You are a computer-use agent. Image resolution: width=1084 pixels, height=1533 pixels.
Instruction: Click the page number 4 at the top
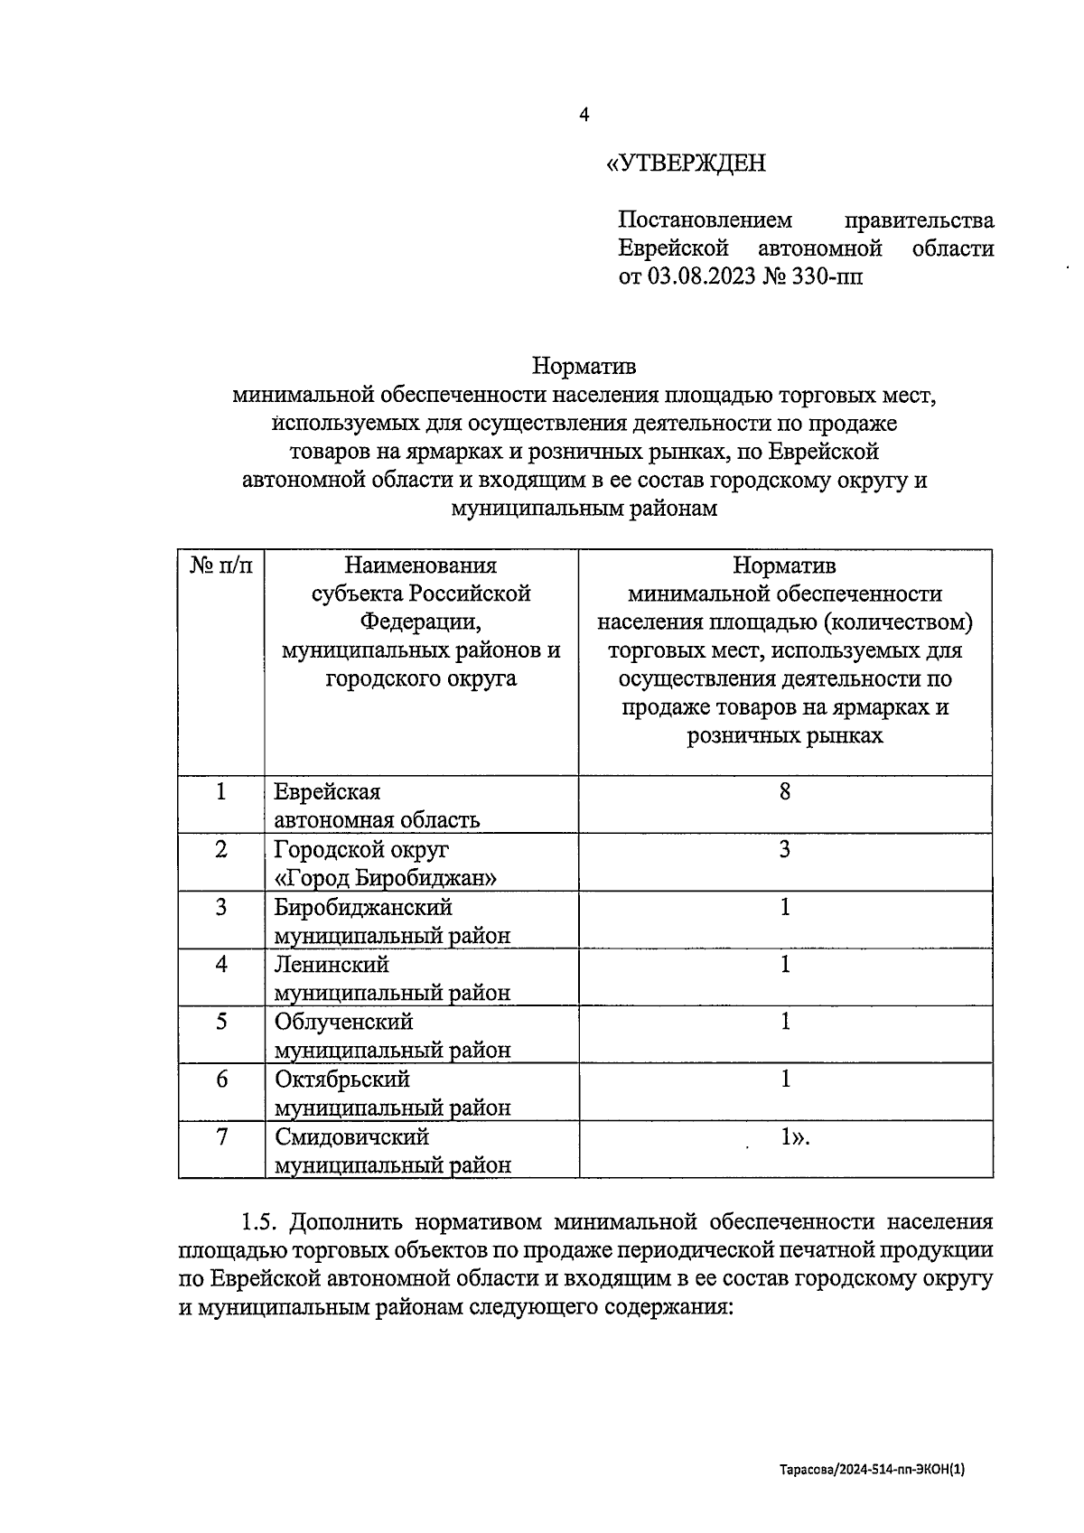(x=584, y=115)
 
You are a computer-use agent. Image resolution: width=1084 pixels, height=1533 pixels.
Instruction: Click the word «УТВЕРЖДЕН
(x=686, y=164)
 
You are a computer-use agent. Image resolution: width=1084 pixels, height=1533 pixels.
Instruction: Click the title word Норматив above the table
(x=584, y=366)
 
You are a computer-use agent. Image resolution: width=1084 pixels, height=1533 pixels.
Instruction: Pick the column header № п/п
(x=221, y=566)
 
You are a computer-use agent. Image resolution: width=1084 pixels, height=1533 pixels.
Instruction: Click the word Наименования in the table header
(x=420, y=566)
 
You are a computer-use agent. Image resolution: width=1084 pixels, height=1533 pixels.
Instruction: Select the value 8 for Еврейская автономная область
(x=784, y=792)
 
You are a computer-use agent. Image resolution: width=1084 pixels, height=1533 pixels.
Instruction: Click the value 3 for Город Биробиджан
(x=784, y=849)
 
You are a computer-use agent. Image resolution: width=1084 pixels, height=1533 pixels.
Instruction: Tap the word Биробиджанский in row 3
(x=363, y=907)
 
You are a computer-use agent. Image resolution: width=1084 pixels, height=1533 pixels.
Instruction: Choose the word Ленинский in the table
(x=332, y=965)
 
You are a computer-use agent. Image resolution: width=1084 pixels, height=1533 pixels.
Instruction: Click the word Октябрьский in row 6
(x=342, y=1080)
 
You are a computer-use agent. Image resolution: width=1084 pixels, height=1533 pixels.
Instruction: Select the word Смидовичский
(x=351, y=1136)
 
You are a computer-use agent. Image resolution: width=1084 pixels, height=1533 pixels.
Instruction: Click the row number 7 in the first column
(x=221, y=1136)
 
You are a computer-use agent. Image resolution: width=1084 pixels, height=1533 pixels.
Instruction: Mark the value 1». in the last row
(x=795, y=1138)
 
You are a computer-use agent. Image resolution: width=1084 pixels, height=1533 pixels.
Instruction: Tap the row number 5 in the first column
(x=221, y=1022)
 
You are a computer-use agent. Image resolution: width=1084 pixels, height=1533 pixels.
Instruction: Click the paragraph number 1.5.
(x=259, y=1223)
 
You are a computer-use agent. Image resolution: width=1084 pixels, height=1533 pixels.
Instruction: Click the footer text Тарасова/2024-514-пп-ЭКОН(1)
(x=873, y=1471)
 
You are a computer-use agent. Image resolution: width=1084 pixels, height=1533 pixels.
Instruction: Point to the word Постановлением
(x=705, y=220)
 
